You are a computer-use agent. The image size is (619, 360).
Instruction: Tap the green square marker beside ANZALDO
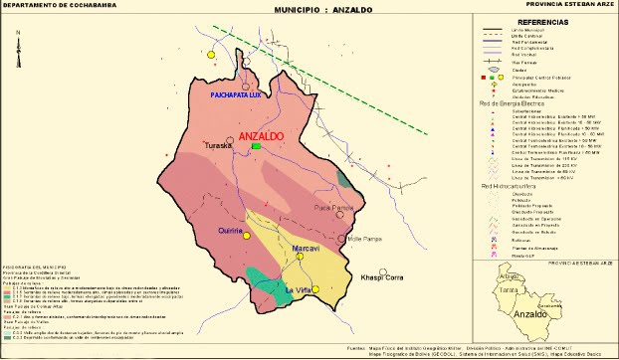pos(257,146)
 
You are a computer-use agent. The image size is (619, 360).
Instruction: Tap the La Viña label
pos(300,289)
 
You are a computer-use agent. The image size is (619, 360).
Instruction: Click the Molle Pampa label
pos(367,239)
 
